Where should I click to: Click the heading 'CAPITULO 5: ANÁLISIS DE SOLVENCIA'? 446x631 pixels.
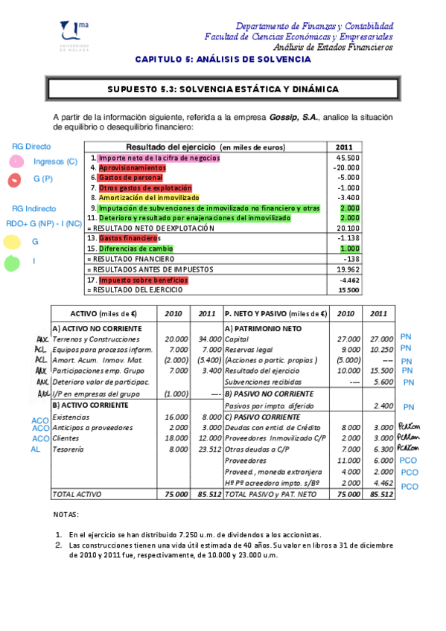(x=222, y=59)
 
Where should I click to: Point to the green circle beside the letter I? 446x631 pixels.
(x=12, y=263)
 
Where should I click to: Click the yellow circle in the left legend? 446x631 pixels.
(x=12, y=242)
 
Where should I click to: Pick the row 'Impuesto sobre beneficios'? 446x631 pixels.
(x=143, y=280)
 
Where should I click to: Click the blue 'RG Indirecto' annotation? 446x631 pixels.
(x=32, y=208)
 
